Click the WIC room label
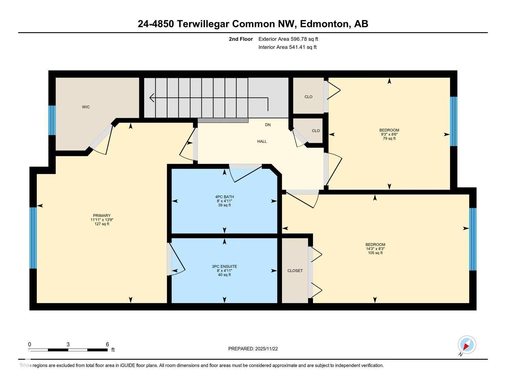pos(86,107)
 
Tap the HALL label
pos(262,141)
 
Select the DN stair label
pos(268,125)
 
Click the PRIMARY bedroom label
pos(102,216)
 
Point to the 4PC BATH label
pos(225,197)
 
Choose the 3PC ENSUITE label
pos(225,266)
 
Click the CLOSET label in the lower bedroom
pos(295,271)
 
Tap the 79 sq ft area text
pos(389,138)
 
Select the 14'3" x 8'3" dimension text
pos(375,249)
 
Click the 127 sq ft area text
pos(102,224)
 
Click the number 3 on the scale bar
pos(68,344)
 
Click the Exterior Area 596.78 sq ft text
pos(288,39)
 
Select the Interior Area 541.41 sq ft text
pos(287,47)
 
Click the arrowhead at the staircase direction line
pos(152,98)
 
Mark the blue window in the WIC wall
pos(52,120)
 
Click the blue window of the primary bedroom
pos(33,238)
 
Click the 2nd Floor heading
pos(241,39)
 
